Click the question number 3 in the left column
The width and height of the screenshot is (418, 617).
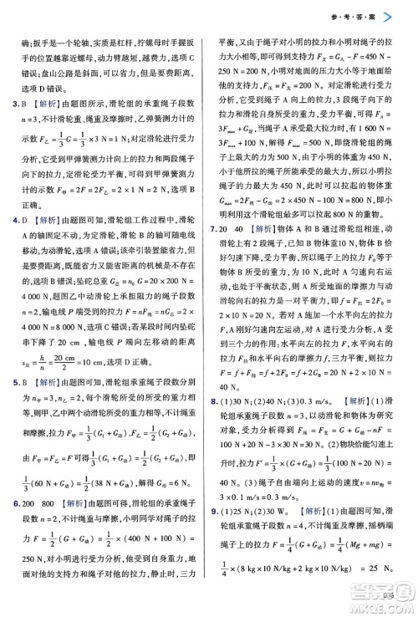point(8,104)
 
